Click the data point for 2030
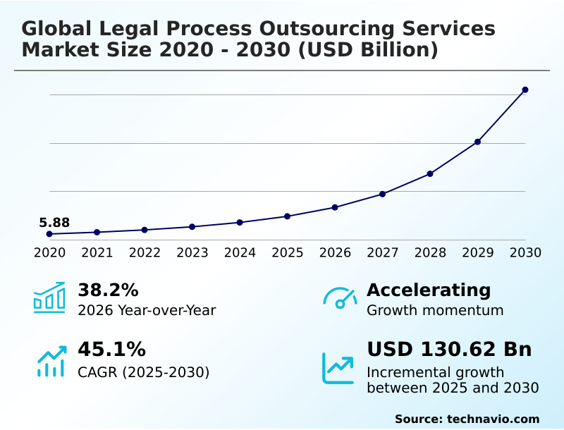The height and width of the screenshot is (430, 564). pos(525,90)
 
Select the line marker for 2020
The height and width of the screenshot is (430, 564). pos(49,234)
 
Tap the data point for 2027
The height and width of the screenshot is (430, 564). pos(382,194)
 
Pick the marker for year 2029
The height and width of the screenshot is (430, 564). pos(477,142)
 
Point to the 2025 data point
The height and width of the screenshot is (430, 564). pos(287,216)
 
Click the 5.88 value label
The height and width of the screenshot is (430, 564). pos(54,223)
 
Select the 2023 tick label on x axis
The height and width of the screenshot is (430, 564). pos(192,252)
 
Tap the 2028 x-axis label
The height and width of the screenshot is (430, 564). pos(430,252)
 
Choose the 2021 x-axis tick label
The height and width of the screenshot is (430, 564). pos(97,252)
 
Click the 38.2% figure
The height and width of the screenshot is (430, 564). pos(108,290)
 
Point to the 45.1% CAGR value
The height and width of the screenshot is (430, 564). pos(111,349)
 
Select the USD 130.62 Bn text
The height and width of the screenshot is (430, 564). pos(449,349)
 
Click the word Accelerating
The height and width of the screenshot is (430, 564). pos(429,290)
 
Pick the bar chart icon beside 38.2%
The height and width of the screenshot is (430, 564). pos(49,297)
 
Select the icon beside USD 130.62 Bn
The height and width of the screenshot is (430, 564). pos(338,367)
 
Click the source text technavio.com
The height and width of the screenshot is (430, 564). pos(493,419)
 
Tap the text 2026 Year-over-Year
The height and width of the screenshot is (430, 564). pos(147,310)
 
